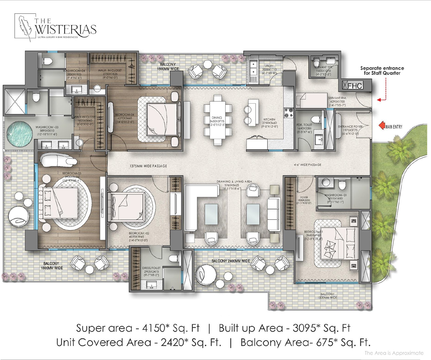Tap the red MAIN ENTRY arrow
point(382,126)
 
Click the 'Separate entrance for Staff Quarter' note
point(382,71)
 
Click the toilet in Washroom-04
point(47,61)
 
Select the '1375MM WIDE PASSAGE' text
point(148,166)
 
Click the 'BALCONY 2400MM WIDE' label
point(231,261)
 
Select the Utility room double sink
point(253,68)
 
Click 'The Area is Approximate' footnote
point(394,353)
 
